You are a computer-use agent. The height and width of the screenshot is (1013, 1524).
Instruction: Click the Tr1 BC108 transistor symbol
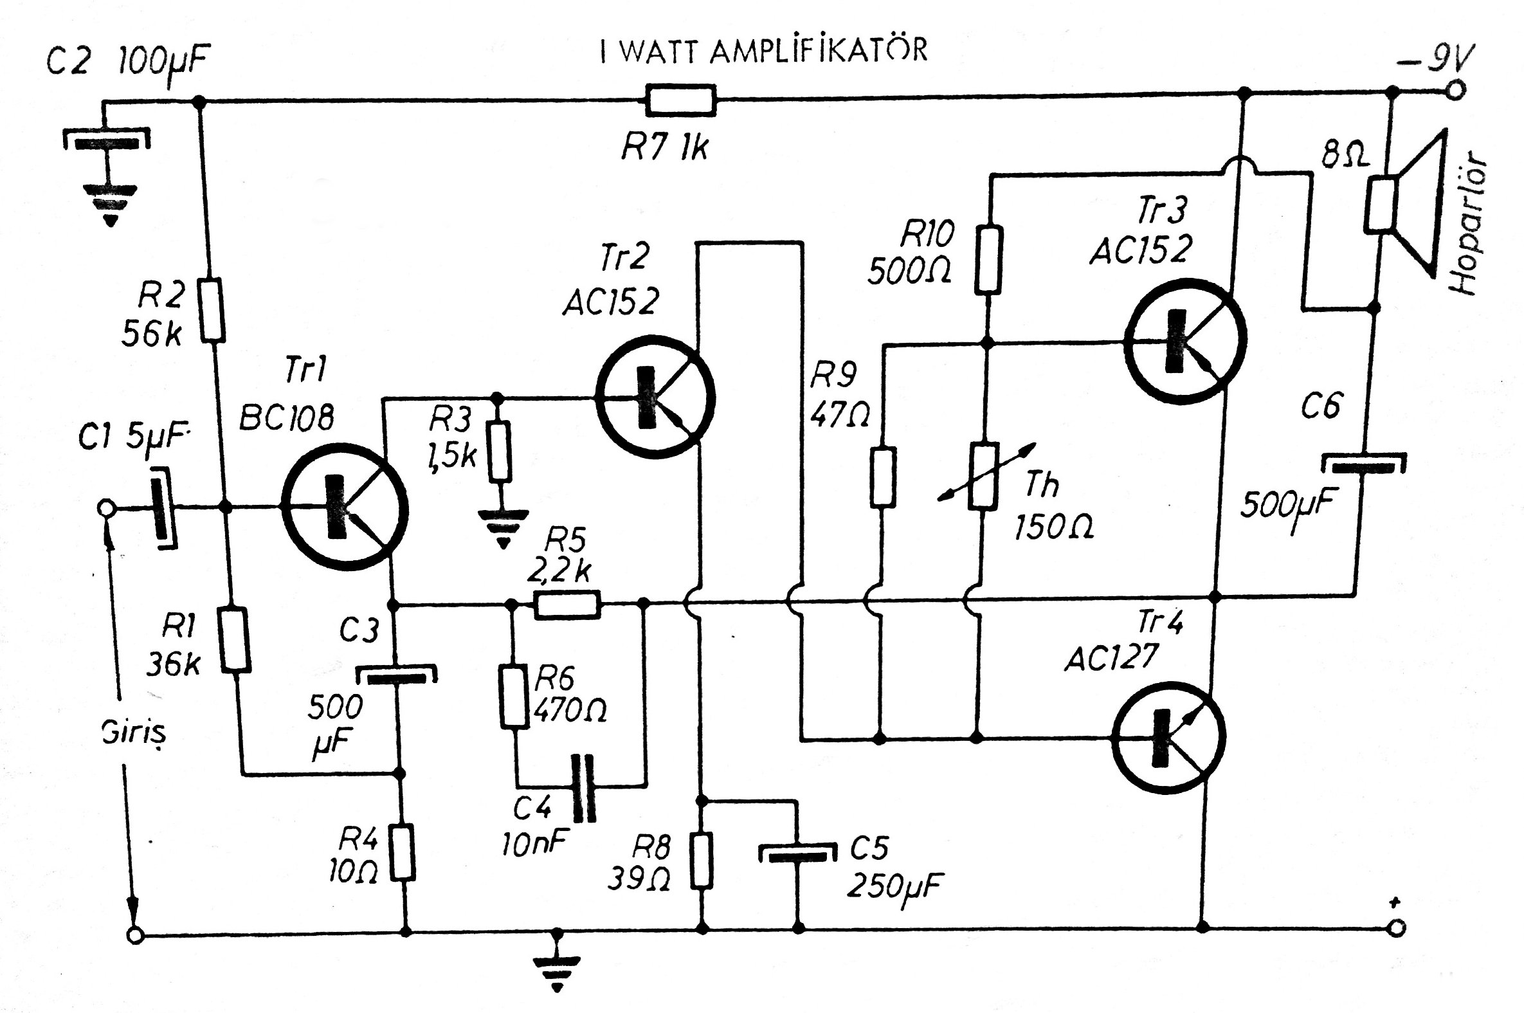coord(344,507)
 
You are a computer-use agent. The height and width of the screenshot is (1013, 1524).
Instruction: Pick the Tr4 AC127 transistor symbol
coord(1168,737)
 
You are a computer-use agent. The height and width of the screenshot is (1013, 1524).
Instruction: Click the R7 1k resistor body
coord(680,101)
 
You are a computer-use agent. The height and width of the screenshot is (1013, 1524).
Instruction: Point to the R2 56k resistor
coord(212,310)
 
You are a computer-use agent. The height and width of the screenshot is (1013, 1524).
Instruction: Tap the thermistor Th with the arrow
coord(985,476)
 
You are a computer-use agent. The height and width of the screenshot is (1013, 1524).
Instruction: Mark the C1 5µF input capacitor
coord(163,509)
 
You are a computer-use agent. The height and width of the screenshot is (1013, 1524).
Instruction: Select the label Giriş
coord(134,733)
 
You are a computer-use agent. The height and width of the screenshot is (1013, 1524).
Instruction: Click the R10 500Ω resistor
coord(987,259)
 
